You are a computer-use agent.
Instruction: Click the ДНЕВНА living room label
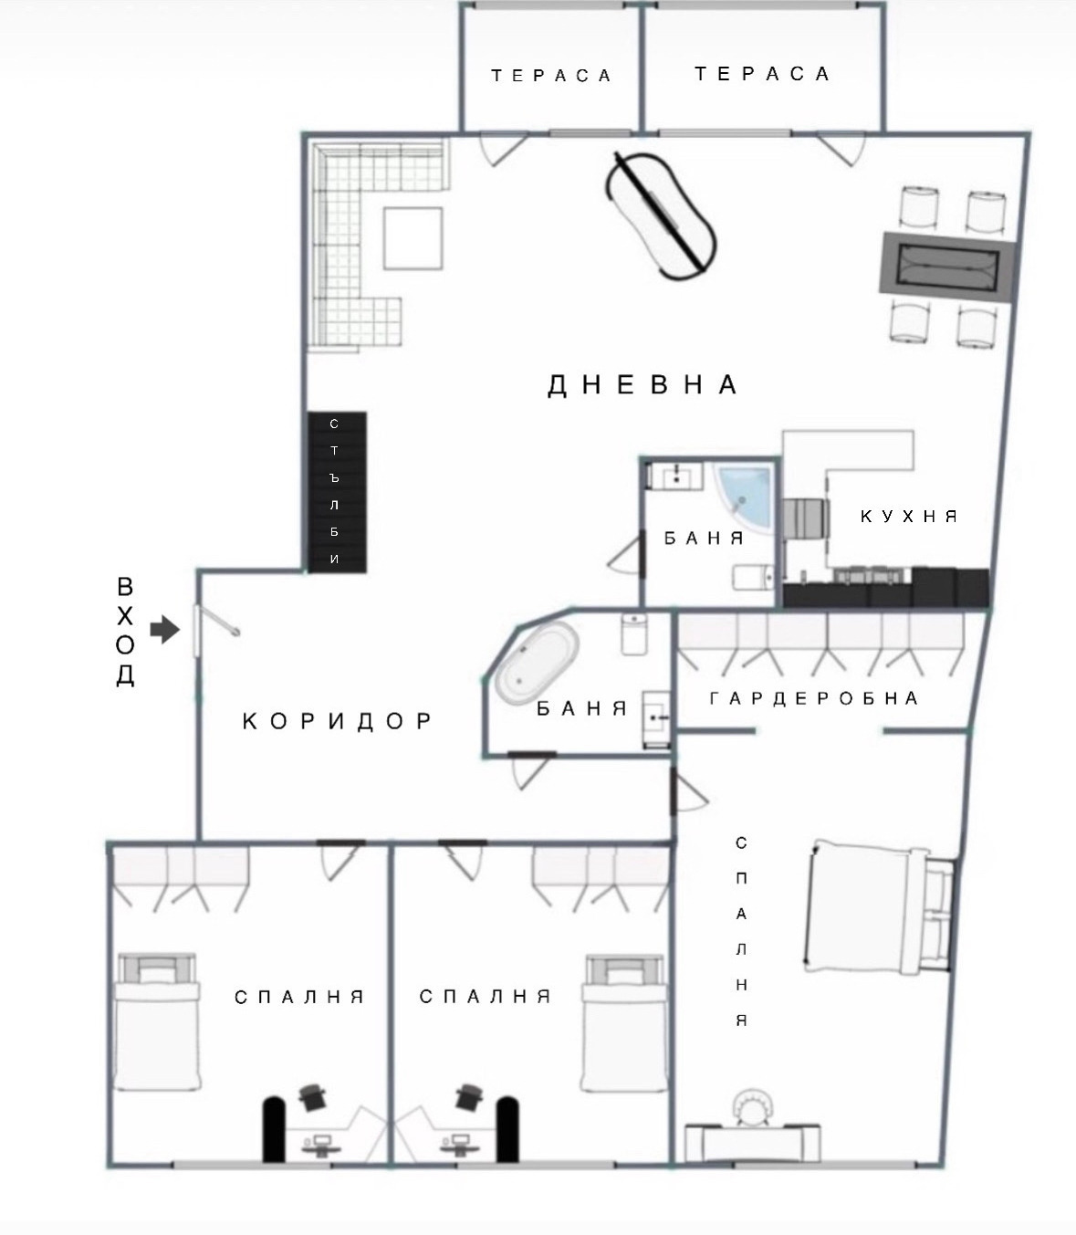tap(642, 385)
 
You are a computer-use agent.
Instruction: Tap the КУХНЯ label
tap(909, 517)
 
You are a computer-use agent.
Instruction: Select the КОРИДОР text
tap(338, 721)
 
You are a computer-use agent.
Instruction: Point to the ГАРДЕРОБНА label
tap(813, 699)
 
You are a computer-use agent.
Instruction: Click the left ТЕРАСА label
tap(551, 76)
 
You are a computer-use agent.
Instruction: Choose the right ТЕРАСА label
tap(762, 74)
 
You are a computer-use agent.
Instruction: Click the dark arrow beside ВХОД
tap(164, 629)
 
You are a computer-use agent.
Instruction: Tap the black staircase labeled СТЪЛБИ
tap(336, 492)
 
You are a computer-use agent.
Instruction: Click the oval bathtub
tap(536, 664)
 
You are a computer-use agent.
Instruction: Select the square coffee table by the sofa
tap(413, 238)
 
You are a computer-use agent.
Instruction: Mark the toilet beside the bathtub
tap(634, 633)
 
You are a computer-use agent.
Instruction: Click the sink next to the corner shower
tap(675, 476)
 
